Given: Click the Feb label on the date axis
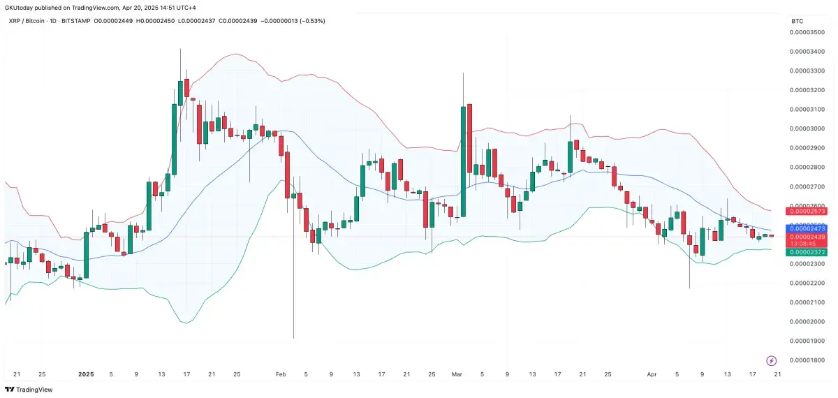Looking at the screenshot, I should (281, 374).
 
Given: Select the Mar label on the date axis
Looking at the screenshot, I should (457, 374).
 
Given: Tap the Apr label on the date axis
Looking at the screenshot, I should (652, 374).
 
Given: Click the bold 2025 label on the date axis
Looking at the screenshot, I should (86, 374).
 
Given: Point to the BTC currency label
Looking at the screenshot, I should (797, 22).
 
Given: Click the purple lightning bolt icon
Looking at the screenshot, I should (772, 360).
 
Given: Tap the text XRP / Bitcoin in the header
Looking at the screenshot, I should (32, 20).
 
